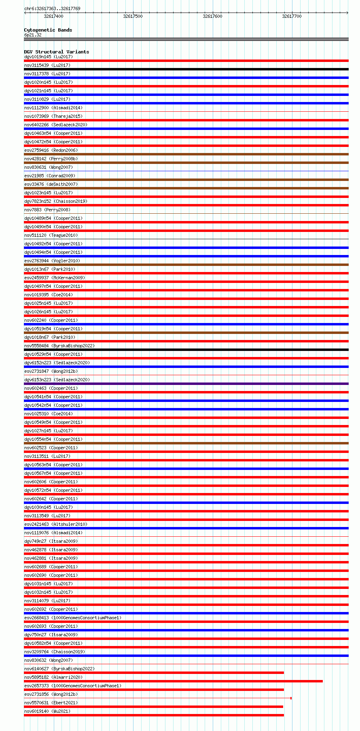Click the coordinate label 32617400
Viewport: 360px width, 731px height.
(x=53, y=16)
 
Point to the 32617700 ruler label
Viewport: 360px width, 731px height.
(x=292, y=16)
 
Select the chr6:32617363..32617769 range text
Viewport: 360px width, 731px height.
(x=52, y=8)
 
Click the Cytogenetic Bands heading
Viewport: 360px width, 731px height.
(x=48, y=30)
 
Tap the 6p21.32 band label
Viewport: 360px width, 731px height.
(x=33, y=35)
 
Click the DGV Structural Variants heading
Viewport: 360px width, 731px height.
(x=56, y=52)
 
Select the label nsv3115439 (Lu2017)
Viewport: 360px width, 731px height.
(x=47, y=65)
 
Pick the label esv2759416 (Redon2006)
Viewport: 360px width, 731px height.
(x=51, y=150)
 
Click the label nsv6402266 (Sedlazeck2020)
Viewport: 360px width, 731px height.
(x=55, y=125)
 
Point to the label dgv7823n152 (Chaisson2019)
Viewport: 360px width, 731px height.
(x=55, y=201)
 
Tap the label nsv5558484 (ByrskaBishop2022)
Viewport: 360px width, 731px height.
(x=59, y=346)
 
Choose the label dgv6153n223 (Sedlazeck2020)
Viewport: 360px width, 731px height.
(x=57, y=380)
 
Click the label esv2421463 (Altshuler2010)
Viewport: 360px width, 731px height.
(x=55, y=524)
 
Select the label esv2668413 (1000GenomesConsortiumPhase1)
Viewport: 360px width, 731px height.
(x=72, y=618)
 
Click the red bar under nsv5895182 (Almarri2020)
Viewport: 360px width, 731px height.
(x=173, y=681)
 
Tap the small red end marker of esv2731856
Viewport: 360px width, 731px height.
(x=291, y=698)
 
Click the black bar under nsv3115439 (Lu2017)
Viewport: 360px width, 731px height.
(x=186, y=69)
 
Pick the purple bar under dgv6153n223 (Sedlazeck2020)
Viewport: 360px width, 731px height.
(x=186, y=384)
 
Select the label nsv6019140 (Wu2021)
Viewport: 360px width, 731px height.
(x=47, y=711)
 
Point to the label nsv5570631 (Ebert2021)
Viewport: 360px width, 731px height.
(x=51, y=703)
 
